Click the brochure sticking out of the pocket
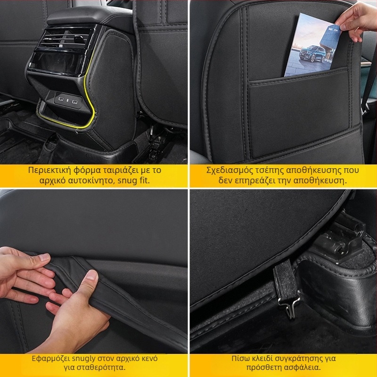pos(312,46)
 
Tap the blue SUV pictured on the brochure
pos(312,54)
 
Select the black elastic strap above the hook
pos(286,279)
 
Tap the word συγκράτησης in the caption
pos(299,359)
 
